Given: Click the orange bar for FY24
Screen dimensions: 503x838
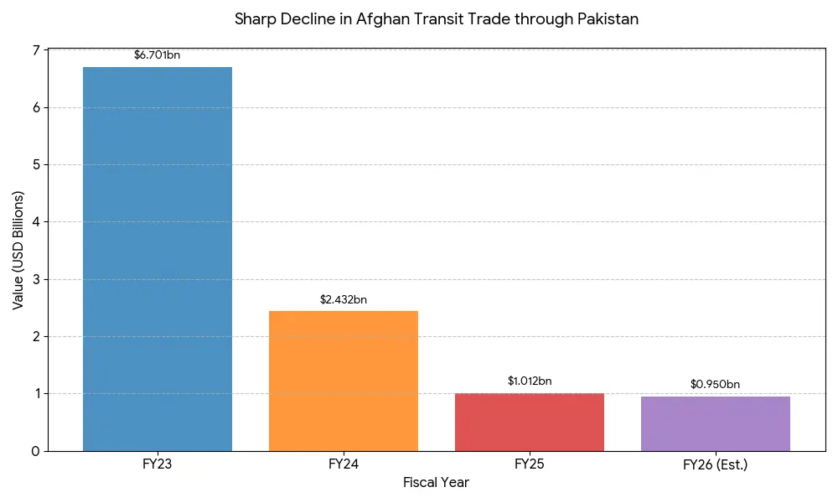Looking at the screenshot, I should coord(344,381).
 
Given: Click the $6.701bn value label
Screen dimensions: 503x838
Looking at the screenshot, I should coord(158,55).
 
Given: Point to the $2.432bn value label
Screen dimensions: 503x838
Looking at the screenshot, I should coord(344,299).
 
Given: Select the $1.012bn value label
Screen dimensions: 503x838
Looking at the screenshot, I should coord(530,381).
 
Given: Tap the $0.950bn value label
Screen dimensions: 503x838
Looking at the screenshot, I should coord(716,385).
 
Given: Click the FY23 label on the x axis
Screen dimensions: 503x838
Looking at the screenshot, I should coord(158,464).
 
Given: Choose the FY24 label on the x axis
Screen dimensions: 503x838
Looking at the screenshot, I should coord(344,464).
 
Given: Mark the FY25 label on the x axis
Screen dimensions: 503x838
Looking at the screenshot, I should coord(530,464).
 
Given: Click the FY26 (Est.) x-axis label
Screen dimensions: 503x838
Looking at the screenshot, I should coord(716,464).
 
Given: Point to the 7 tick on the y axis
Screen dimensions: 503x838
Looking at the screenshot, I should coord(35,51).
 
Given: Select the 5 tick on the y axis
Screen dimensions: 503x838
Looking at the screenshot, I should coord(35,165).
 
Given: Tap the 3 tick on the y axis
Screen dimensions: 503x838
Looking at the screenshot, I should coord(35,279).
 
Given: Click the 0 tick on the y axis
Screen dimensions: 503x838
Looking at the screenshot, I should coord(35,451).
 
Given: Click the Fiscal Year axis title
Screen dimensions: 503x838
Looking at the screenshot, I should coord(436,483).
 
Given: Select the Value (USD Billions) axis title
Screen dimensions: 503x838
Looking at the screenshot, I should coord(18,250).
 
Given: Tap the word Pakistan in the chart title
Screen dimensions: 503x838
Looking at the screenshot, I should coord(608,19).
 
